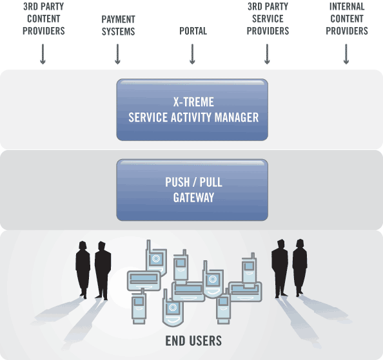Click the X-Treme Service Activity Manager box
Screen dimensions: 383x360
192,109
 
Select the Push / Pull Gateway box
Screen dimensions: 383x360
192,190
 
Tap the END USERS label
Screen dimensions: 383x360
193,341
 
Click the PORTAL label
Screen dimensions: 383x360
193,31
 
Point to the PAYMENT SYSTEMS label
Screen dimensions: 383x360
118,25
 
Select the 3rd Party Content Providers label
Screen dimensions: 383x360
44,19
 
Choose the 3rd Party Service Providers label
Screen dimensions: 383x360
268,19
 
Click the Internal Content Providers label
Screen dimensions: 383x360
347,19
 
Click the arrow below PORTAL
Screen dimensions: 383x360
192,54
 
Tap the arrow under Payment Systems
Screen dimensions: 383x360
117,54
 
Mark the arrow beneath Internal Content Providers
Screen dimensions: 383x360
346,54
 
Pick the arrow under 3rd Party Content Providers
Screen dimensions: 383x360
43,54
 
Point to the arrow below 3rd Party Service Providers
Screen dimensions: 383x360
267,54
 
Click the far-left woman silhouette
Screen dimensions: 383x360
83,269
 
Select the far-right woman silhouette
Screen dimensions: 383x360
300,268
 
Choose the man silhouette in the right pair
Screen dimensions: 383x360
280,269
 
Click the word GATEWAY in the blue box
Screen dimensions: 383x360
193,198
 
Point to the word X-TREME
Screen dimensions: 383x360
193,102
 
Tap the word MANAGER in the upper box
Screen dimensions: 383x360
237,117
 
